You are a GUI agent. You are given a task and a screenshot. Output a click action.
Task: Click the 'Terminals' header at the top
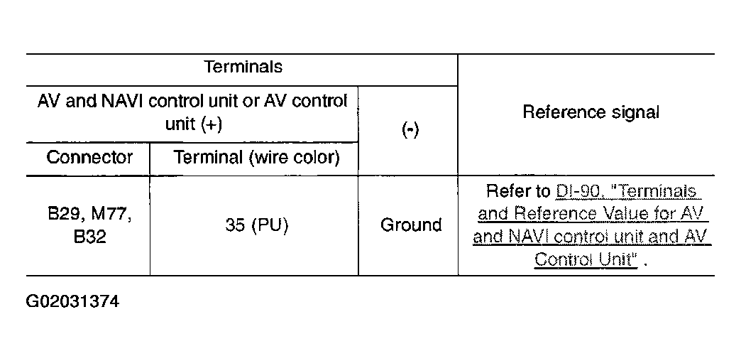point(243,67)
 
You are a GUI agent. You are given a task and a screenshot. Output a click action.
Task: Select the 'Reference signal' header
point(591,112)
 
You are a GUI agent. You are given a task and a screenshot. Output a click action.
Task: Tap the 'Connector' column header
point(89,157)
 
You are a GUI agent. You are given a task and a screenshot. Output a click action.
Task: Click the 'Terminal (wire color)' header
point(257,158)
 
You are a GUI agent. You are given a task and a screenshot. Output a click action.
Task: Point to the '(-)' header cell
point(410,130)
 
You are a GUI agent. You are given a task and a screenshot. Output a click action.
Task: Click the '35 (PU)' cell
point(257,226)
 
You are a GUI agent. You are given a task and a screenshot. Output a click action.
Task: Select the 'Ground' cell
point(411,225)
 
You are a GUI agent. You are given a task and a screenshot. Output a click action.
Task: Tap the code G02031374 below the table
point(73,301)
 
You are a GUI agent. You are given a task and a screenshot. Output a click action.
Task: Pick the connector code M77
point(111,215)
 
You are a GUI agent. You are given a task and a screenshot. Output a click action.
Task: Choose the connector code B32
point(90,237)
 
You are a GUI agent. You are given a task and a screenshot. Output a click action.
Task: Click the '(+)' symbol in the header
point(211,124)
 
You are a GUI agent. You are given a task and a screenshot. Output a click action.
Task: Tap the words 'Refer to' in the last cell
point(518,191)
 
